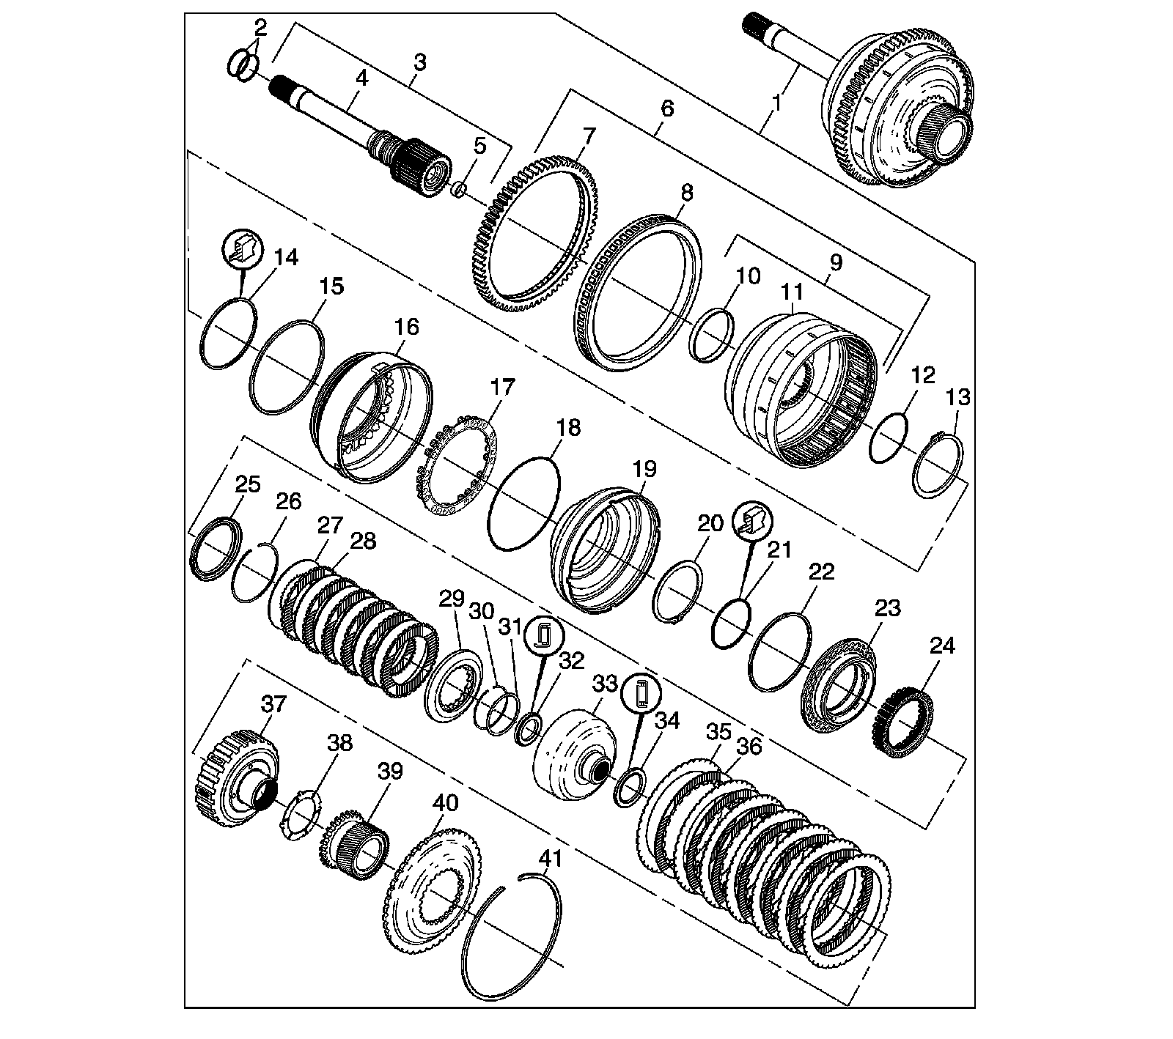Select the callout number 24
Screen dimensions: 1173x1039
pos(942,646)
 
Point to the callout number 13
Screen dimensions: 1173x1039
pos(958,397)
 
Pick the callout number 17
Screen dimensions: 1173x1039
pos(504,387)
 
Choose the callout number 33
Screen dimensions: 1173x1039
pos(606,684)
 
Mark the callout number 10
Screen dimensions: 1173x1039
pos(749,276)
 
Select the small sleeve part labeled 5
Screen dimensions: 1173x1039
pos(459,191)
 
